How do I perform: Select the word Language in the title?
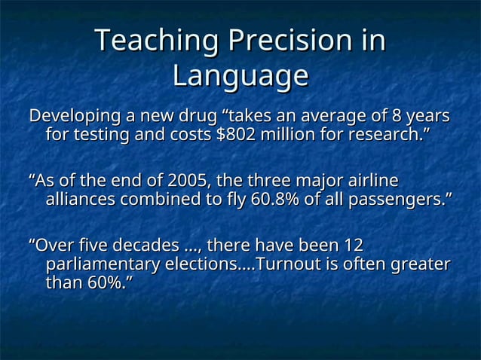click(x=240, y=76)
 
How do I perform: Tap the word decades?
click(x=148, y=246)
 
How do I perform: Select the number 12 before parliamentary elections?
click(x=353, y=246)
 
